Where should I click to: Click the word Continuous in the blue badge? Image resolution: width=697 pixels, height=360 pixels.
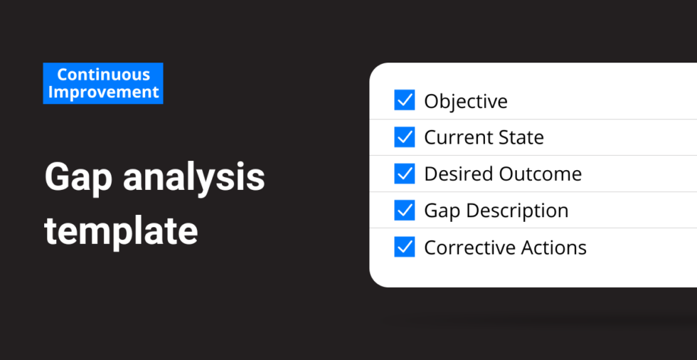(103, 75)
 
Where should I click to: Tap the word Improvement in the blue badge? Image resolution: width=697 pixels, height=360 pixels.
(103, 92)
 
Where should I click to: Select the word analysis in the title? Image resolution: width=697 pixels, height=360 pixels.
(193, 177)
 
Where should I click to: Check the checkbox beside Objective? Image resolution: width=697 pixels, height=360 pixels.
(405, 100)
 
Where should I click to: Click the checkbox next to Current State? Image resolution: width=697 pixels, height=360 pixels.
(405, 137)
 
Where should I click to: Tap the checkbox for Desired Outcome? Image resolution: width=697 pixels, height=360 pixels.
(405, 174)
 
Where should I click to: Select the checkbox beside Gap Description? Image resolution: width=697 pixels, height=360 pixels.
(405, 210)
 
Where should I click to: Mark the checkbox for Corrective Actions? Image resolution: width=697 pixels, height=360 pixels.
(405, 247)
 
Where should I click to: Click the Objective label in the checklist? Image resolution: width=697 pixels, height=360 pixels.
(465, 102)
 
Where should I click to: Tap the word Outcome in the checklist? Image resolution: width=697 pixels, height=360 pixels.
(540, 174)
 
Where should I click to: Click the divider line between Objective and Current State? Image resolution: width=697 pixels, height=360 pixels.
(533, 119)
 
